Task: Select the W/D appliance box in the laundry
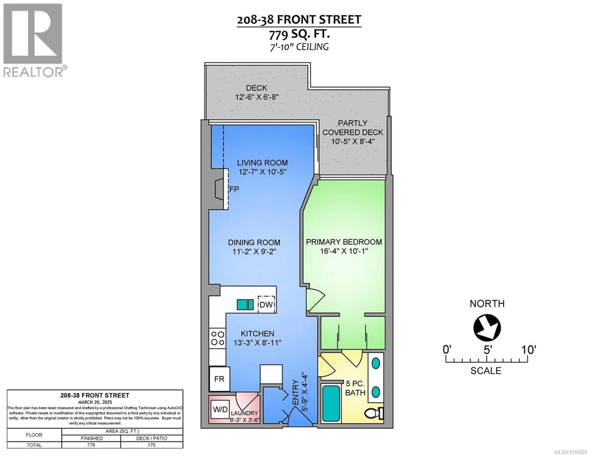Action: click(220, 409)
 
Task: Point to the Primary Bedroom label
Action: click(344, 242)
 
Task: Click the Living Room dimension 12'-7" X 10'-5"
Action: click(262, 172)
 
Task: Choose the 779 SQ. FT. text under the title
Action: click(299, 35)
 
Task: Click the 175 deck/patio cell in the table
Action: click(152, 445)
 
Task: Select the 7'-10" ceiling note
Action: click(299, 47)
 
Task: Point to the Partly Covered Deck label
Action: click(353, 128)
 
